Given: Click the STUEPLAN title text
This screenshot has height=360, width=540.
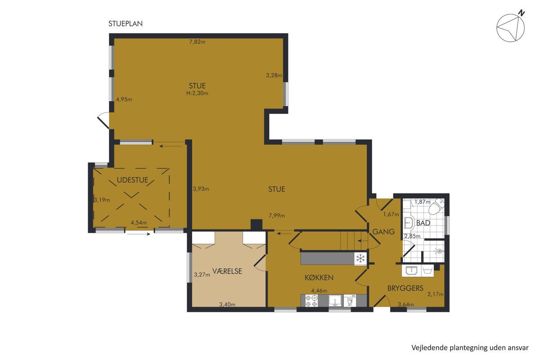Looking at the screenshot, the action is [x=126, y=24].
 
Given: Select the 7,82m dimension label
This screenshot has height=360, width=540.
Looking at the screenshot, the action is [x=197, y=42].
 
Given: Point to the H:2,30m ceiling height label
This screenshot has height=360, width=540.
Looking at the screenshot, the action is [x=197, y=93].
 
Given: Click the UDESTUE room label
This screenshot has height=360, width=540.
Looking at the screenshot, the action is [x=132, y=180].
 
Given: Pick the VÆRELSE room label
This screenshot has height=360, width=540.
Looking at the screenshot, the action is [x=227, y=271].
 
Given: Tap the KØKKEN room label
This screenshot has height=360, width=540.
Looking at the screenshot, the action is [x=319, y=278].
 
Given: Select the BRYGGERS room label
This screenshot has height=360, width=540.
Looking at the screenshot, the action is [x=405, y=288].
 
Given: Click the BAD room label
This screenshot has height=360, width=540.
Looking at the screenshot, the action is [x=423, y=223].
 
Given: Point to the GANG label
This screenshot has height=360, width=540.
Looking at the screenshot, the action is [x=383, y=232].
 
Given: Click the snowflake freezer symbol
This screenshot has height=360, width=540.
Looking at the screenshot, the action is [x=360, y=258].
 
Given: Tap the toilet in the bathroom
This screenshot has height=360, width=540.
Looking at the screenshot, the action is [x=437, y=207].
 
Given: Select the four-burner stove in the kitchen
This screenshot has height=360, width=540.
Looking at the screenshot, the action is [x=311, y=301].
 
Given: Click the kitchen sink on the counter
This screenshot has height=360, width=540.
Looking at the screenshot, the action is [x=335, y=301].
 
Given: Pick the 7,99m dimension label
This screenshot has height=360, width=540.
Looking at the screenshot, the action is [x=277, y=216].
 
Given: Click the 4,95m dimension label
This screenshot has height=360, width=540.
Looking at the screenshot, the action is [x=124, y=99].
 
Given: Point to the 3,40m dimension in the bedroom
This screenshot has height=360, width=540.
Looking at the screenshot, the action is [x=227, y=305].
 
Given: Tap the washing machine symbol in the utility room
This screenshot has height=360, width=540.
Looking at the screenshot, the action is [x=427, y=270].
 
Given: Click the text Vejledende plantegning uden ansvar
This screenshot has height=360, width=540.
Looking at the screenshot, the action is [x=470, y=348].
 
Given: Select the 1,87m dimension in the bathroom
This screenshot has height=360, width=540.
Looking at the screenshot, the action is [x=423, y=202].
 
